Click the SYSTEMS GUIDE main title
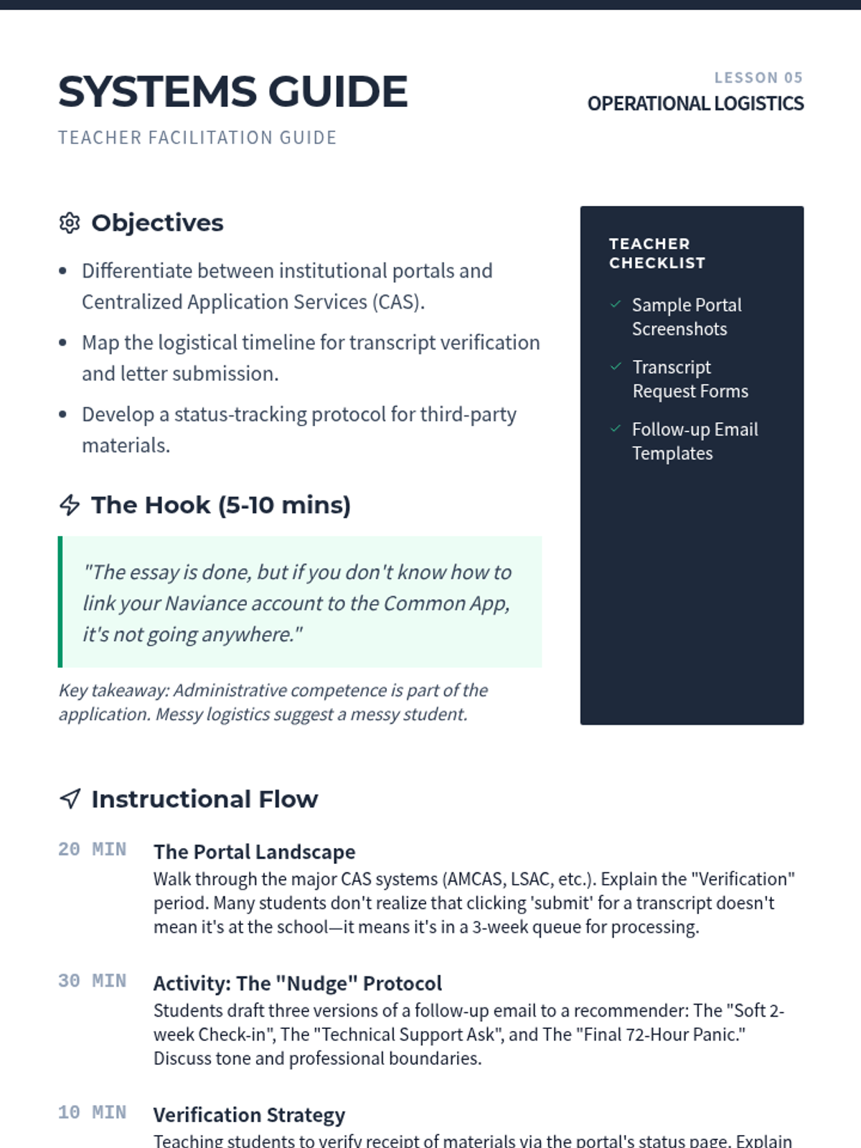click(232, 92)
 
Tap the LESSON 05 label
click(758, 77)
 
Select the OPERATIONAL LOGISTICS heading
click(695, 104)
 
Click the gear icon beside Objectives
click(70, 223)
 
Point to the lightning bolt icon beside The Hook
click(70, 505)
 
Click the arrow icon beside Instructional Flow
click(70, 799)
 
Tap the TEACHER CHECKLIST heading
click(657, 253)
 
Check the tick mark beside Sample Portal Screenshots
click(616, 304)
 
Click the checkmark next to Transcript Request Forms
click(616, 367)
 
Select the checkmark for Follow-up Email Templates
click(616, 429)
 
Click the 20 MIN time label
click(92, 850)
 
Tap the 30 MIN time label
click(92, 981)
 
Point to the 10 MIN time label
click(92, 1112)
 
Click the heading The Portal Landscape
click(254, 852)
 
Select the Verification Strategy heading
click(249, 1115)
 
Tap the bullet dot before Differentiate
click(63, 271)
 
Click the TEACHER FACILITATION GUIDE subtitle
click(197, 138)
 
